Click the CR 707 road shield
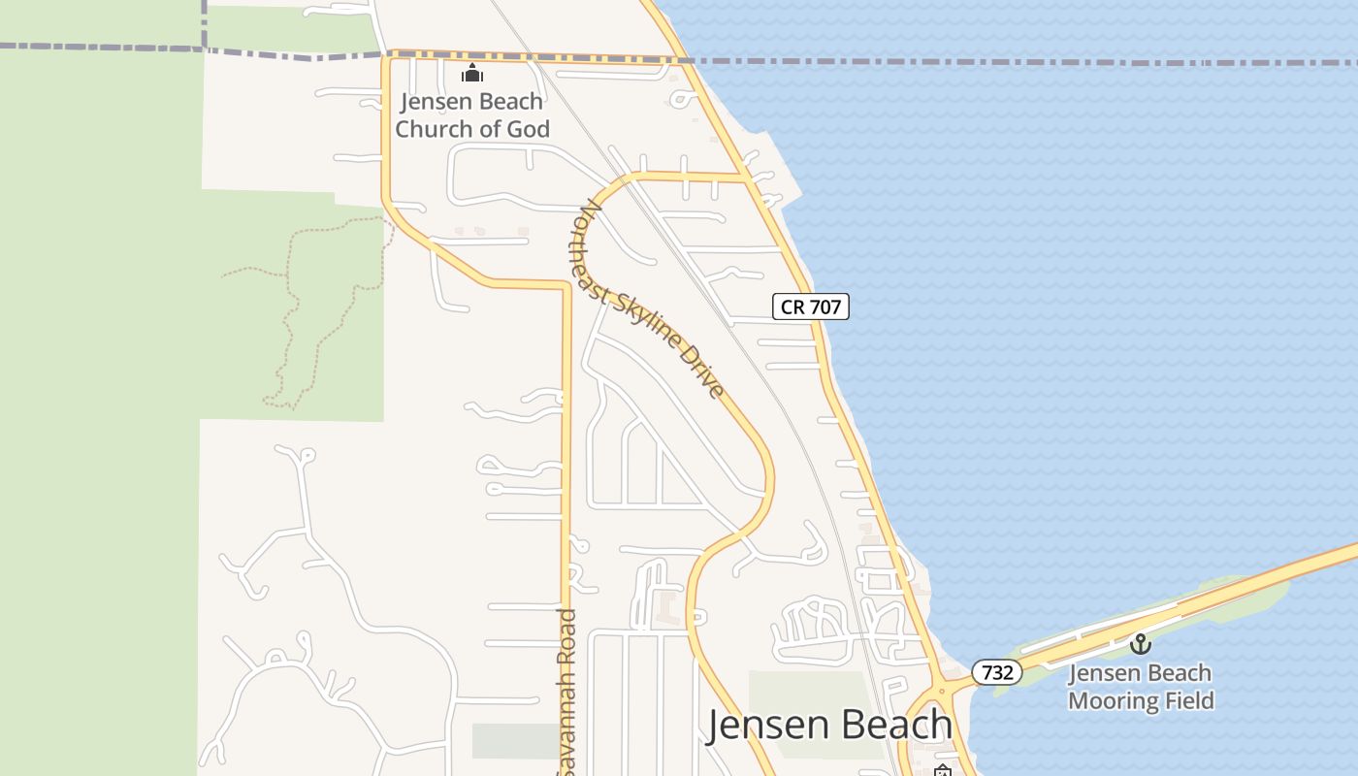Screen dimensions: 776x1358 (x=810, y=307)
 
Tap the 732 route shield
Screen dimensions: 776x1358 (x=996, y=672)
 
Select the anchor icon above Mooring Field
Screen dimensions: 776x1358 (x=1140, y=643)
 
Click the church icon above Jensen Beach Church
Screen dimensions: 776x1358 (x=472, y=73)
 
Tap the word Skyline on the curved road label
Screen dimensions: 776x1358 (x=652, y=317)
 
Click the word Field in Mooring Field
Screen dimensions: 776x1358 (x=1187, y=700)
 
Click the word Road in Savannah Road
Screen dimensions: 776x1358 (x=568, y=634)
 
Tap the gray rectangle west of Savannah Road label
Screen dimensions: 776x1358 (x=515, y=741)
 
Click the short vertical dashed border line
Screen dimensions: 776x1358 (x=205, y=21)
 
